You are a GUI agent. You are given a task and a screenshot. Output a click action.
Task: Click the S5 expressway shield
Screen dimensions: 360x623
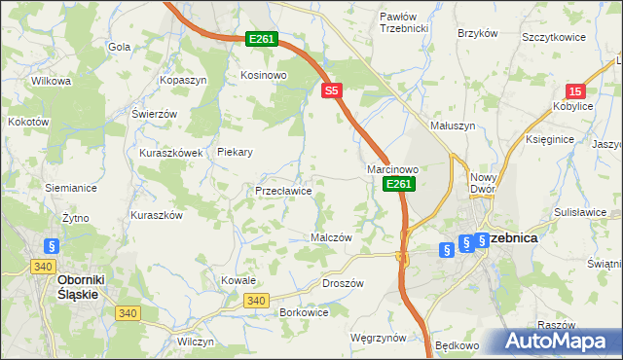(332, 90)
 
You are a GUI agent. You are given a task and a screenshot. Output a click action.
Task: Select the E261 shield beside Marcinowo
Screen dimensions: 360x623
(399, 184)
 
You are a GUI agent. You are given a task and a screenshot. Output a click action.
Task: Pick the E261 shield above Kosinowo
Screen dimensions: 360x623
(262, 39)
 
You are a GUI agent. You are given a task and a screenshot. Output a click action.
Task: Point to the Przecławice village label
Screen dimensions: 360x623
(283, 191)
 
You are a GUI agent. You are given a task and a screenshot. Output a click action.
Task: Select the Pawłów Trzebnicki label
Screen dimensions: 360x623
(404, 22)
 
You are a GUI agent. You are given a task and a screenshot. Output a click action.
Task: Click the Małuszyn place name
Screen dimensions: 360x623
(453, 126)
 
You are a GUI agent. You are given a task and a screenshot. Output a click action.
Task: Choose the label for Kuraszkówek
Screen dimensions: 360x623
(170, 153)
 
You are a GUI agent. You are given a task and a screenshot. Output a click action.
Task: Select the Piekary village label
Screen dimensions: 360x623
(236, 152)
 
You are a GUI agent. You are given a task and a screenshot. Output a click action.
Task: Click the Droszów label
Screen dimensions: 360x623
(342, 283)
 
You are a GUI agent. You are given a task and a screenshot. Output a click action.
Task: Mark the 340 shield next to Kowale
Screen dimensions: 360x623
(256, 301)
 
